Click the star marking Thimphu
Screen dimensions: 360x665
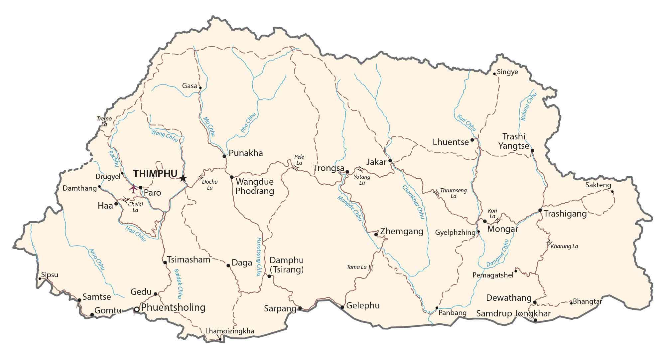(183, 178)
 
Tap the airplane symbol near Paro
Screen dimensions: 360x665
(133, 188)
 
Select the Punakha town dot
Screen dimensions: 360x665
(224, 156)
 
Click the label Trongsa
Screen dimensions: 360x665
(329, 168)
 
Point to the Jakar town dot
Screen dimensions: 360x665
(390, 161)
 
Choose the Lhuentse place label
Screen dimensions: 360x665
(451, 142)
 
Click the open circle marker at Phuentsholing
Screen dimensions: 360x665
(136, 309)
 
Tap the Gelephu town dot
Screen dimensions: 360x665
(342, 307)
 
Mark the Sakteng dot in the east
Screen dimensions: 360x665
(612, 191)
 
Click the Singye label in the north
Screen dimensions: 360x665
(508, 72)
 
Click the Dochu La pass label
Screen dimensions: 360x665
(210, 185)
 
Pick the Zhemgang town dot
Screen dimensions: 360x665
(376, 235)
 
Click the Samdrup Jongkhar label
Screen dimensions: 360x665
(513, 313)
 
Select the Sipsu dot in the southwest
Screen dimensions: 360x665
(40, 278)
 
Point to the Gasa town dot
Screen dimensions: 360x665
(200, 88)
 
